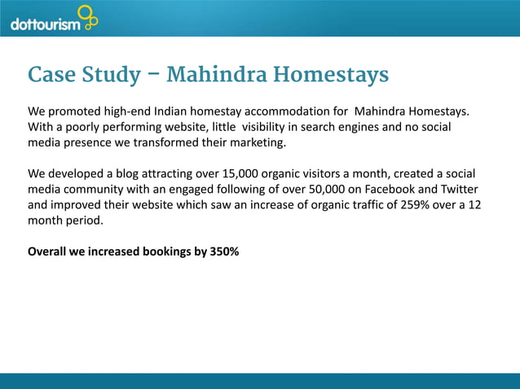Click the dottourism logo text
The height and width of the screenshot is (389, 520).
[x=46, y=24]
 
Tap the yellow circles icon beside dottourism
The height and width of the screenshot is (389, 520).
[x=87, y=16]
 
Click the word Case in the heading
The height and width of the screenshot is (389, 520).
[x=55, y=76]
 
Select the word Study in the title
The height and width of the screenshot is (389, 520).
[x=113, y=76]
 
